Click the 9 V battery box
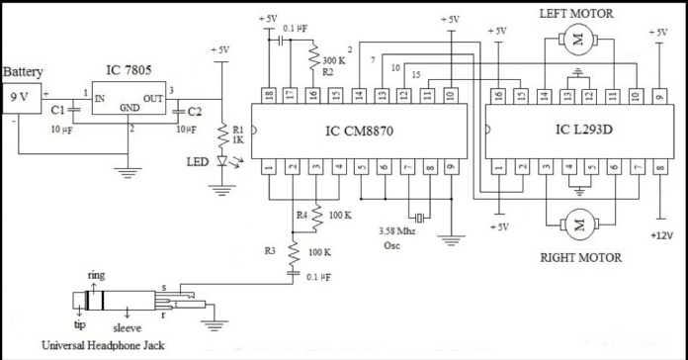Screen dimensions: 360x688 pos(20,98)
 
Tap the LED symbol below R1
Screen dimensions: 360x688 pos(222,161)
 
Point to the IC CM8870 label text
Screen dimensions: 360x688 pos(357,130)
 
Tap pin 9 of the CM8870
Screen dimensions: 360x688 pos(450,168)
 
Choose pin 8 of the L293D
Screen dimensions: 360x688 pos(659,168)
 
